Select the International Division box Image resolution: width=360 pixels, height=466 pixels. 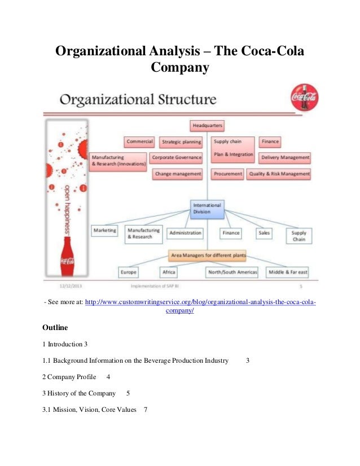point(208,208)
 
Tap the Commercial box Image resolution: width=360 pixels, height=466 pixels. point(140,142)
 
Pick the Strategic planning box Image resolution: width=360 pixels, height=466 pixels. point(181,142)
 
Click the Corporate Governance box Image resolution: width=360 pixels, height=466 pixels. point(176,157)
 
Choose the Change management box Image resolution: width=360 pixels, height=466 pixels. point(178,174)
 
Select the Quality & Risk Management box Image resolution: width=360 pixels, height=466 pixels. point(279,174)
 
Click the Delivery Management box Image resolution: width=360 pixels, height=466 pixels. point(285,157)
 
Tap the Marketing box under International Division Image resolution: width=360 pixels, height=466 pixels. point(104,231)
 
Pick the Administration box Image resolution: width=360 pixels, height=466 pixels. point(185,232)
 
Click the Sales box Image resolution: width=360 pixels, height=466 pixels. point(264,232)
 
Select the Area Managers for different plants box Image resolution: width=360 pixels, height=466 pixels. point(208,256)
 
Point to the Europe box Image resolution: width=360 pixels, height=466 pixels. point(128,272)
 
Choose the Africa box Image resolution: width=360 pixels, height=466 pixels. point(168,272)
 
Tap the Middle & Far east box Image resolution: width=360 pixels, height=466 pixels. point(288,272)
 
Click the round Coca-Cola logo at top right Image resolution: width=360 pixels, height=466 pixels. point(304,98)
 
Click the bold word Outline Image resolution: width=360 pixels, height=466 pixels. point(55,327)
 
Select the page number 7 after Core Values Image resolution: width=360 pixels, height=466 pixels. point(146,409)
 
